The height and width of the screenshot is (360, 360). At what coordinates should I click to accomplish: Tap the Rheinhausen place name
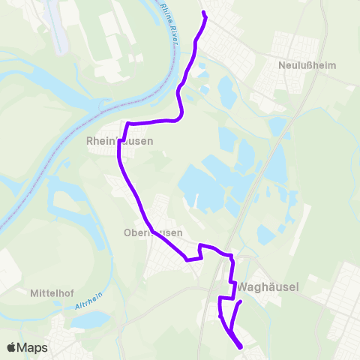point(120,141)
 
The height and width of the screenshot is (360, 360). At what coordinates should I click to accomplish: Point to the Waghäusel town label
point(268,286)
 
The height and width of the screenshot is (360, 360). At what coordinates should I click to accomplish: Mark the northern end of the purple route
point(204,13)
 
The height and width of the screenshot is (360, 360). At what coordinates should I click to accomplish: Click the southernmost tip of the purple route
point(240,347)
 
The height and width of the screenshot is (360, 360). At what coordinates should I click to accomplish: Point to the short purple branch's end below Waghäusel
point(241,302)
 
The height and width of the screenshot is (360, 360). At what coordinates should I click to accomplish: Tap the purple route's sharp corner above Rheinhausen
point(128,123)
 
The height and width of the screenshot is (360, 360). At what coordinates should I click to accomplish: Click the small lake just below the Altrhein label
point(89,320)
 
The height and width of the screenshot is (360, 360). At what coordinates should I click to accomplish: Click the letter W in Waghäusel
point(243,286)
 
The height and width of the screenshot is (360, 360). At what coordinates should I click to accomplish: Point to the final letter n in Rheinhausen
point(151,141)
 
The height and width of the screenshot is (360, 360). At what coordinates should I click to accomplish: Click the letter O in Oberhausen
point(127,232)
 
